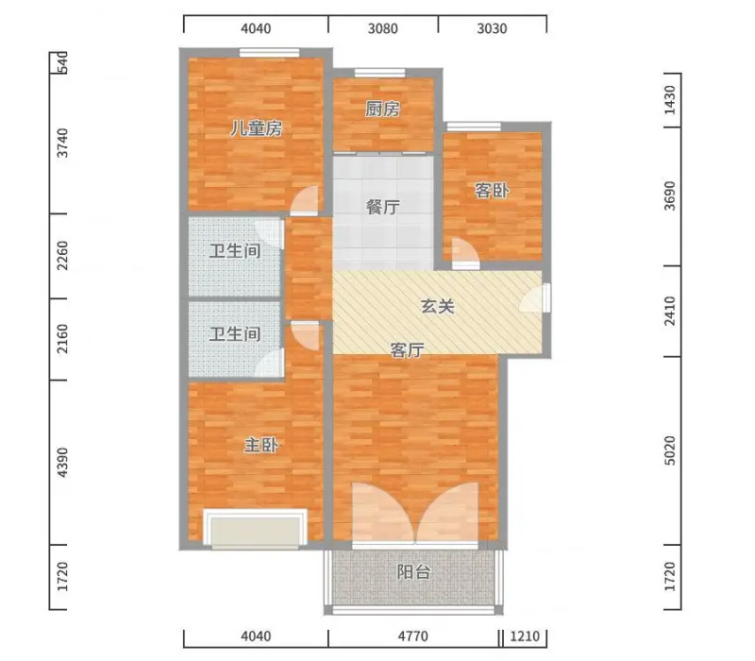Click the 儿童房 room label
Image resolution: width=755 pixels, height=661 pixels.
click(x=256, y=128)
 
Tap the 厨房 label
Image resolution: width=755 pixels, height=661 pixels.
click(x=382, y=109)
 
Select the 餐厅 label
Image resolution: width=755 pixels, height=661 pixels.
click(x=383, y=207)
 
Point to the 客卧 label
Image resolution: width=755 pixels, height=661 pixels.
click(x=492, y=191)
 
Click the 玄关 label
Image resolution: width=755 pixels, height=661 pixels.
click(x=438, y=306)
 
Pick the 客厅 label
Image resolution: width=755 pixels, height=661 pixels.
click(x=408, y=350)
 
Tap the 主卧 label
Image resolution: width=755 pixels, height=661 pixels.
click(x=261, y=445)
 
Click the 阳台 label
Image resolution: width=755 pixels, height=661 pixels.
click(x=413, y=572)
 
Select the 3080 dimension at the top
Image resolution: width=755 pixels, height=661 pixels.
click(x=383, y=29)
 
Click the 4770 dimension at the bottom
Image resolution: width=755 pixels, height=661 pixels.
click(x=412, y=636)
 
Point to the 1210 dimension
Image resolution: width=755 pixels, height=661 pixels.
click(x=525, y=636)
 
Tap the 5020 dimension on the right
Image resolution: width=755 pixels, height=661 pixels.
click(x=670, y=451)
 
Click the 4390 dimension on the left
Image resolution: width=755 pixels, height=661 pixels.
click(x=62, y=463)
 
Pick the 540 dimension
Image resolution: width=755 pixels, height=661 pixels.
click(x=62, y=63)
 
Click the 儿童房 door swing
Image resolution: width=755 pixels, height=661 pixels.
click(x=305, y=200)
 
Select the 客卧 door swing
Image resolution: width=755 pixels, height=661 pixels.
click(x=464, y=251)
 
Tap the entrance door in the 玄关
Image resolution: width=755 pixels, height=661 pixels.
click(x=535, y=298)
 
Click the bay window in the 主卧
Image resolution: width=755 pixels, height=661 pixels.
click(x=255, y=529)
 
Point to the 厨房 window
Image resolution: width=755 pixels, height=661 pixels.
click(x=380, y=73)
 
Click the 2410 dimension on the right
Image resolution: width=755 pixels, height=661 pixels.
click(x=670, y=311)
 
